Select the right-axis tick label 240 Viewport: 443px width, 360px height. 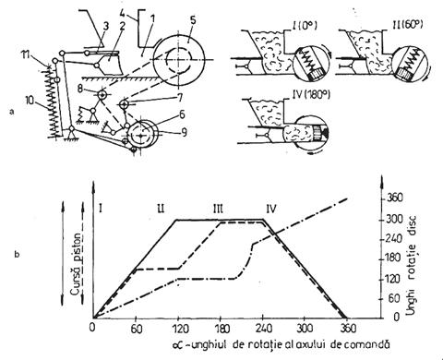pyautogui.click(x=393, y=239)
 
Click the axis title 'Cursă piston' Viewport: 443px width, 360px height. pyautogui.click(x=78, y=264)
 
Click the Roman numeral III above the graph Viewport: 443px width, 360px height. pyautogui.click(x=218, y=210)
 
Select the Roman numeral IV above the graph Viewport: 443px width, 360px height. pyautogui.click(x=270, y=210)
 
